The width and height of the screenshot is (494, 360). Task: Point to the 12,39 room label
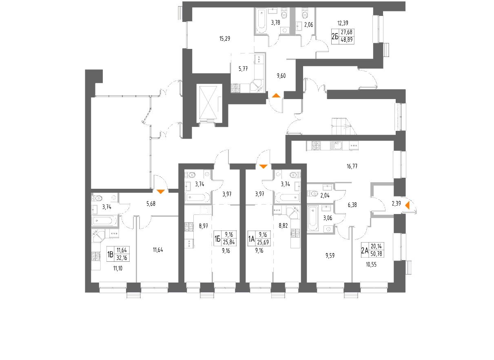click(343, 23)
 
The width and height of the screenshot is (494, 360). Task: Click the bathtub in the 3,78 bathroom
click(261, 20)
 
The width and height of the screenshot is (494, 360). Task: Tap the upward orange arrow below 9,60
click(276, 96)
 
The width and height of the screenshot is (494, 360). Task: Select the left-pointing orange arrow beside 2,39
click(407, 207)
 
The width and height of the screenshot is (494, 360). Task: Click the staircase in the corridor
click(341, 126)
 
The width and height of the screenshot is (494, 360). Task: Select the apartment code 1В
click(110, 254)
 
